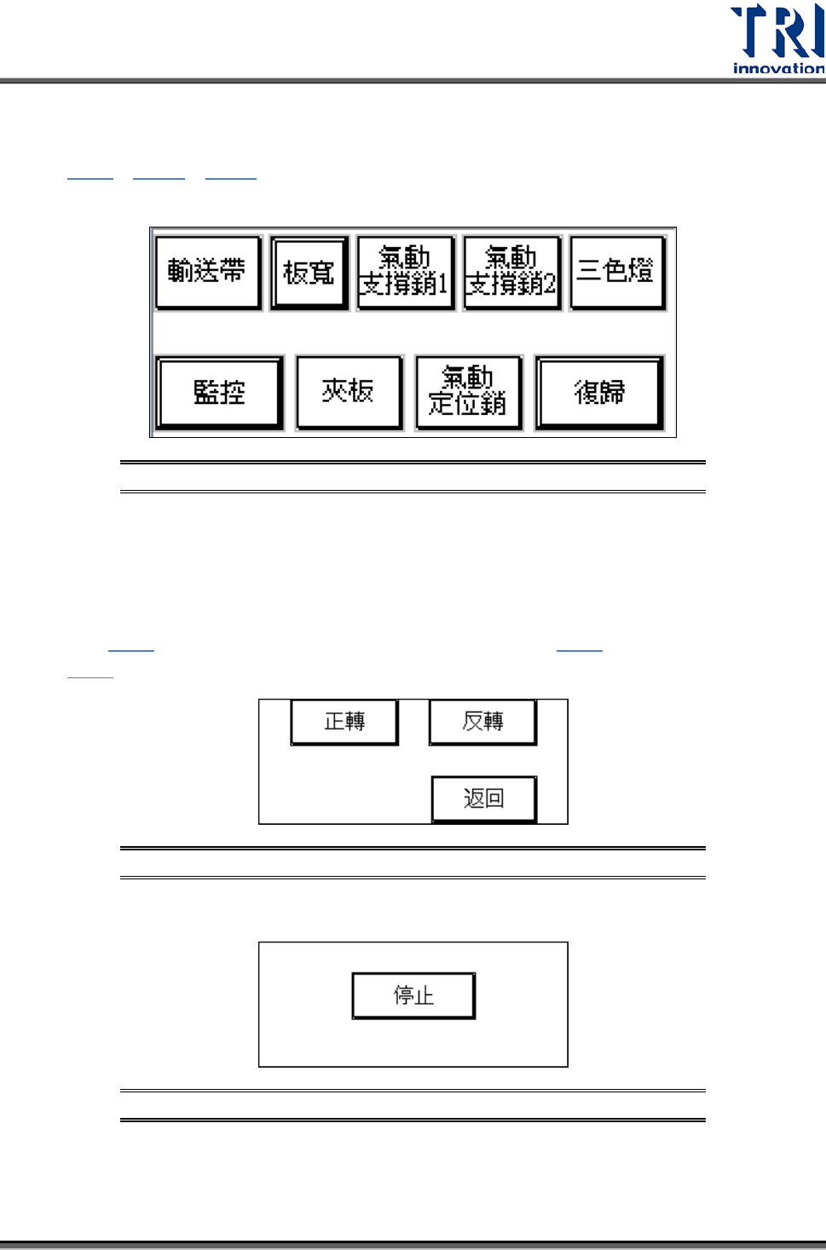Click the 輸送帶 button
tap(207, 272)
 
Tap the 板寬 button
tap(309, 273)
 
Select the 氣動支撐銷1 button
tap(405, 273)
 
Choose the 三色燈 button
tap(616, 272)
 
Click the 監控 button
tap(220, 393)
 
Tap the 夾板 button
tap(349, 392)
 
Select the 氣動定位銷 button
tap(468, 392)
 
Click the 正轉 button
tap(344, 722)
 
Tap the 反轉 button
tap(482, 722)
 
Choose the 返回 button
tap(483, 798)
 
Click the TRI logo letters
tap(777, 31)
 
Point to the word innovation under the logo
tap(778, 68)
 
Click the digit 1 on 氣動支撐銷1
tap(442, 284)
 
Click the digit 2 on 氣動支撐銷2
tap(549, 284)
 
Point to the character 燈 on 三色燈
tap(641, 271)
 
